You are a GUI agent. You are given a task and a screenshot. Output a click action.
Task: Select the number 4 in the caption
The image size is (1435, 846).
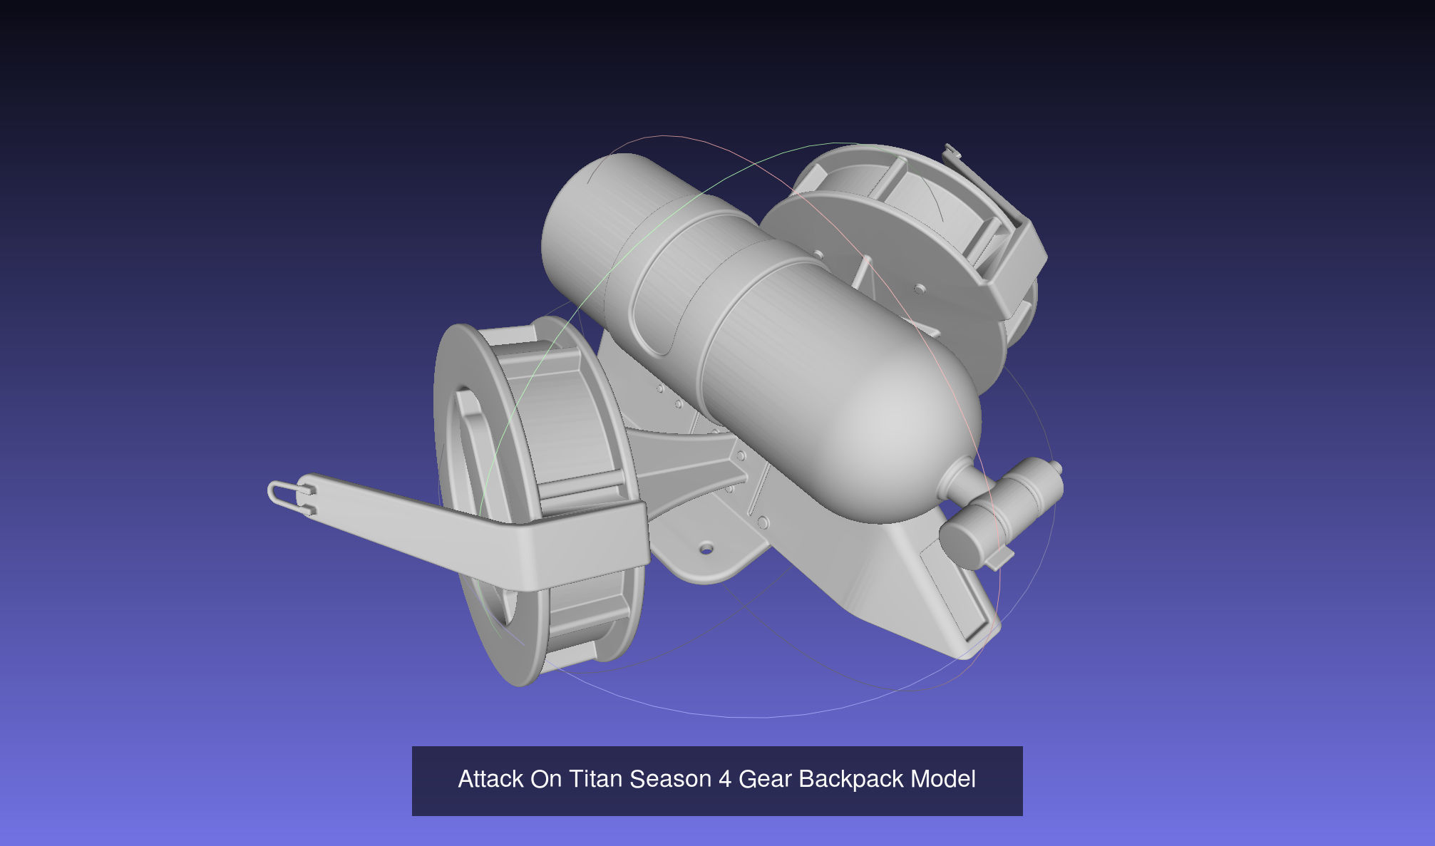[724, 779]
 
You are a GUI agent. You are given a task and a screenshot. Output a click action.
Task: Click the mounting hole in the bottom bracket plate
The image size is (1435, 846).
[706, 549]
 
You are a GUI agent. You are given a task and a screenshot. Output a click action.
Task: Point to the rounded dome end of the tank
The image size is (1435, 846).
[905, 435]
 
